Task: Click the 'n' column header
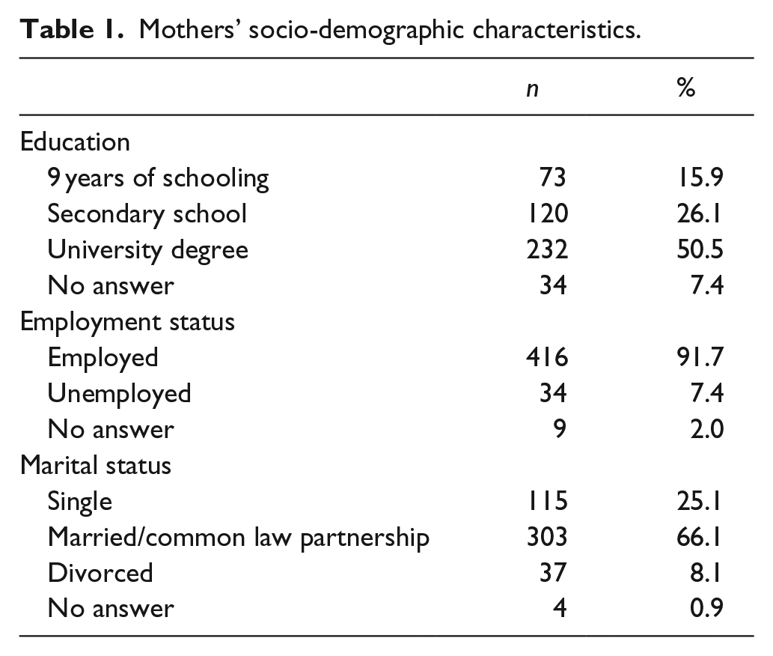click(x=533, y=90)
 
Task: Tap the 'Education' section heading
click(x=75, y=142)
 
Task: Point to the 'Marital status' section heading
click(x=96, y=466)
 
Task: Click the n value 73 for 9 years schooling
click(x=553, y=177)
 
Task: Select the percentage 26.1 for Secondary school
click(x=699, y=213)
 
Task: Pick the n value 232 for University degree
click(x=547, y=249)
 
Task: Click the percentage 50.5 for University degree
click(x=700, y=249)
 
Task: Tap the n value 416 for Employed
click(x=547, y=357)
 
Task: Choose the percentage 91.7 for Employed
click(x=700, y=357)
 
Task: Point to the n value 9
click(x=560, y=429)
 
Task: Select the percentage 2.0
click(x=707, y=429)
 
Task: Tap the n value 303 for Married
click(x=547, y=537)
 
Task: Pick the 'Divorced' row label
click(x=100, y=573)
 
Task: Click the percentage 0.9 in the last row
click(x=707, y=609)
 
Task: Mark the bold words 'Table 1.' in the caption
click(x=72, y=30)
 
